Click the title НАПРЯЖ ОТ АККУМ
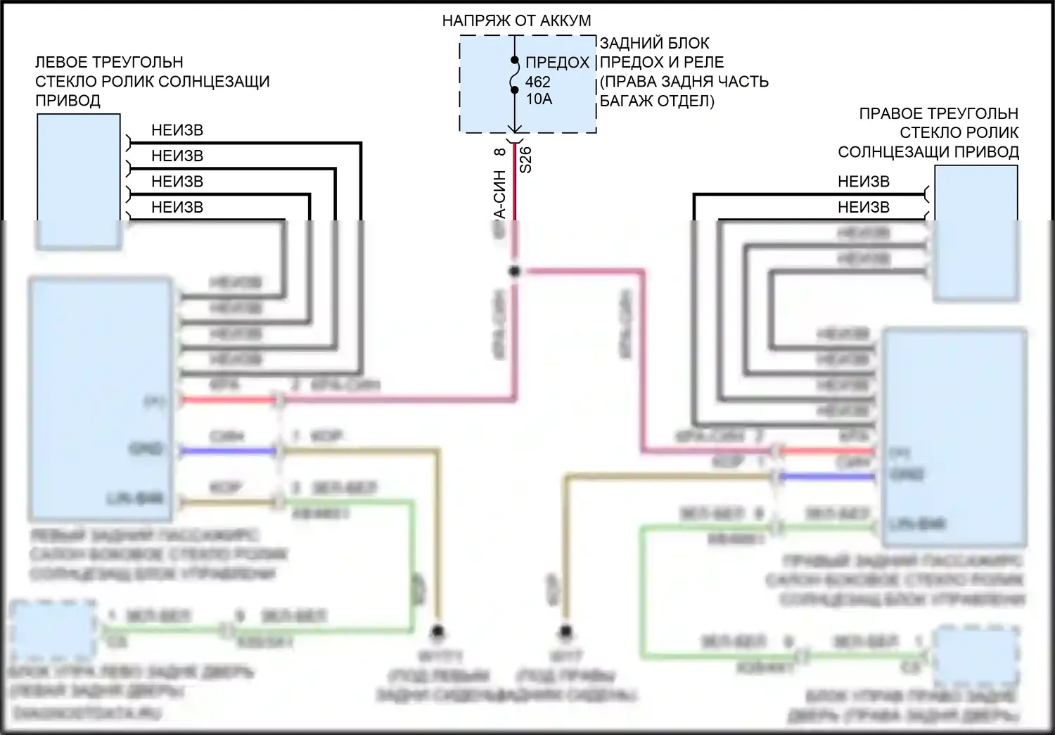pos(516,21)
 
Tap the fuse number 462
pos(538,82)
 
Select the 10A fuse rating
pos(539,99)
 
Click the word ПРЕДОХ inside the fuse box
pos(557,63)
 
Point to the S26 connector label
pos(526,160)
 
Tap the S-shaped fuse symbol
pos(515,75)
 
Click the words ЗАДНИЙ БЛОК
pos(654,44)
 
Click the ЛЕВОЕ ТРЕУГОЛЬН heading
pos(109,62)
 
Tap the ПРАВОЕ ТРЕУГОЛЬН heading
pos(938,114)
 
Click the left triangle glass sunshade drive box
pos(78,182)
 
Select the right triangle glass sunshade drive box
pos(976,234)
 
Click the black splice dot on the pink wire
pos(514,271)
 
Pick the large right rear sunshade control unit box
pos(954,436)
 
